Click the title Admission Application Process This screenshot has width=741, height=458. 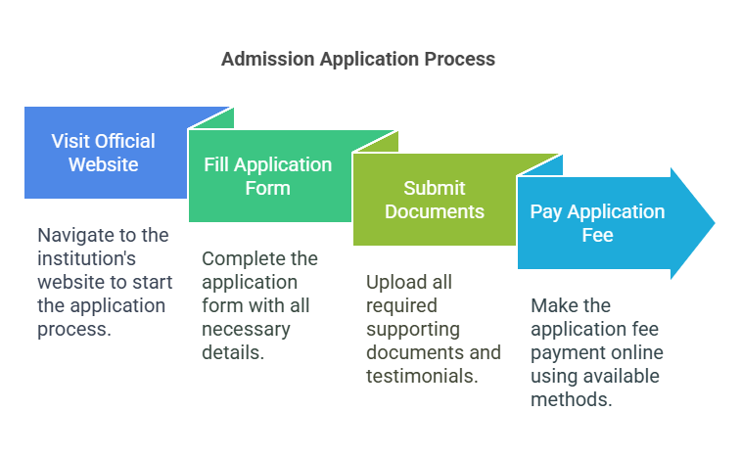(357, 59)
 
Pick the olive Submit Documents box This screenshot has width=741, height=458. (434, 200)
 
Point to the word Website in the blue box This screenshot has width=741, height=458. (103, 164)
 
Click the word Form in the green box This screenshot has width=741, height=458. (267, 188)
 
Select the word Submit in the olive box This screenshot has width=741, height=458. (434, 188)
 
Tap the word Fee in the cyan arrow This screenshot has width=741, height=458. (597, 235)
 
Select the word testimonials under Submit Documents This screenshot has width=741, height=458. (422, 376)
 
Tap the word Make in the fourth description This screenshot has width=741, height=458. (550, 306)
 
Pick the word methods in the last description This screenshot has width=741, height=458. (571, 399)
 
